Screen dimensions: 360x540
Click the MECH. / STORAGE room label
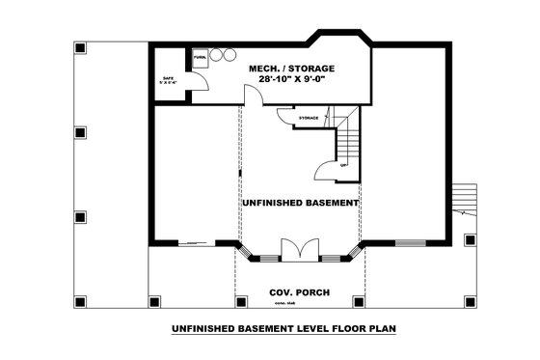pyautogui.click(x=291, y=69)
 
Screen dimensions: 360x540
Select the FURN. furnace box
pyautogui.click(x=200, y=58)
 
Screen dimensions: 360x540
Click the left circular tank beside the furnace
pyautogui.click(x=217, y=55)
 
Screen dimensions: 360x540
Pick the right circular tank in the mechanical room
pyautogui.click(x=230, y=55)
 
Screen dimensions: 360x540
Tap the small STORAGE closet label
pyautogui.click(x=308, y=118)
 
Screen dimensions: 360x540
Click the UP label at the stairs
pyautogui.click(x=344, y=165)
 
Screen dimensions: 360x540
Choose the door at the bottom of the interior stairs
pyautogui.click(x=326, y=171)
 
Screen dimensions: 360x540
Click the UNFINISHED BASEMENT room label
pyautogui.click(x=299, y=204)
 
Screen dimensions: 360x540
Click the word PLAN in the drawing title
pyautogui.click(x=381, y=329)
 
